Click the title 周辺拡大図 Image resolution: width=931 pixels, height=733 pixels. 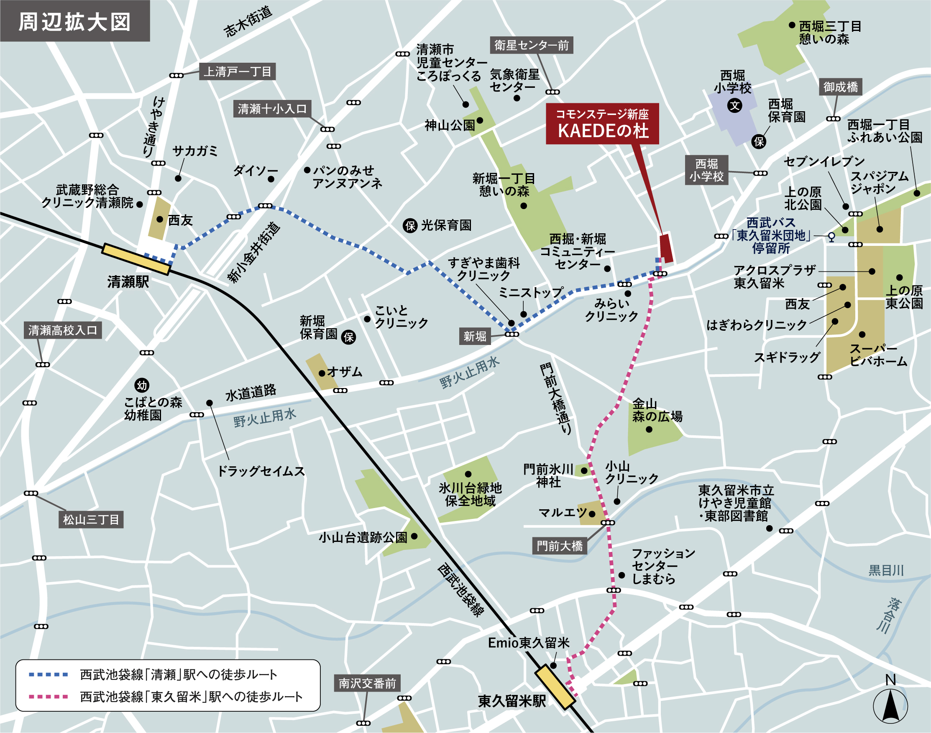(x=75, y=21)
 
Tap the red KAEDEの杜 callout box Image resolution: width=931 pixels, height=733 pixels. (x=602, y=124)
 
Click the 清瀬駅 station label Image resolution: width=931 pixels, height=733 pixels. (x=128, y=282)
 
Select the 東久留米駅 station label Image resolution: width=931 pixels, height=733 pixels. (x=512, y=701)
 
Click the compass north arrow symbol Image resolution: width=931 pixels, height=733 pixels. (x=890, y=705)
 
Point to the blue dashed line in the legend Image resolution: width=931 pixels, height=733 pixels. (x=48, y=674)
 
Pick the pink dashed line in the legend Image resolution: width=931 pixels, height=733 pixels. (x=48, y=697)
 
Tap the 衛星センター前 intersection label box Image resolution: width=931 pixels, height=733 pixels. (x=531, y=45)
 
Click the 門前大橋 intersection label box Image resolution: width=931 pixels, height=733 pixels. (x=559, y=546)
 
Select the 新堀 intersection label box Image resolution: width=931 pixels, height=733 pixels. (x=475, y=337)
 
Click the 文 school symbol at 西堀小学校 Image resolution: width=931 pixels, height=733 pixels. (x=735, y=105)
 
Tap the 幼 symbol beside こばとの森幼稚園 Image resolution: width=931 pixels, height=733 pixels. (x=142, y=386)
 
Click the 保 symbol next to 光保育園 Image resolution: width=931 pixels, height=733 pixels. (x=410, y=225)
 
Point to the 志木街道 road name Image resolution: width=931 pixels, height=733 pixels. (x=248, y=21)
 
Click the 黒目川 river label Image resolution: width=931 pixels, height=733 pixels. (x=886, y=570)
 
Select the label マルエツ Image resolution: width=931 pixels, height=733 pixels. (x=562, y=513)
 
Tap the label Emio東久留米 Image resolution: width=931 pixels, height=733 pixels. (x=528, y=643)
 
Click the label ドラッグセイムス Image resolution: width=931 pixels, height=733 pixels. (x=261, y=471)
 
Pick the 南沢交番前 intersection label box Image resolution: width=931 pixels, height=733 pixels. (x=367, y=683)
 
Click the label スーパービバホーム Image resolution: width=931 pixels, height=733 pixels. (x=878, y=355)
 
